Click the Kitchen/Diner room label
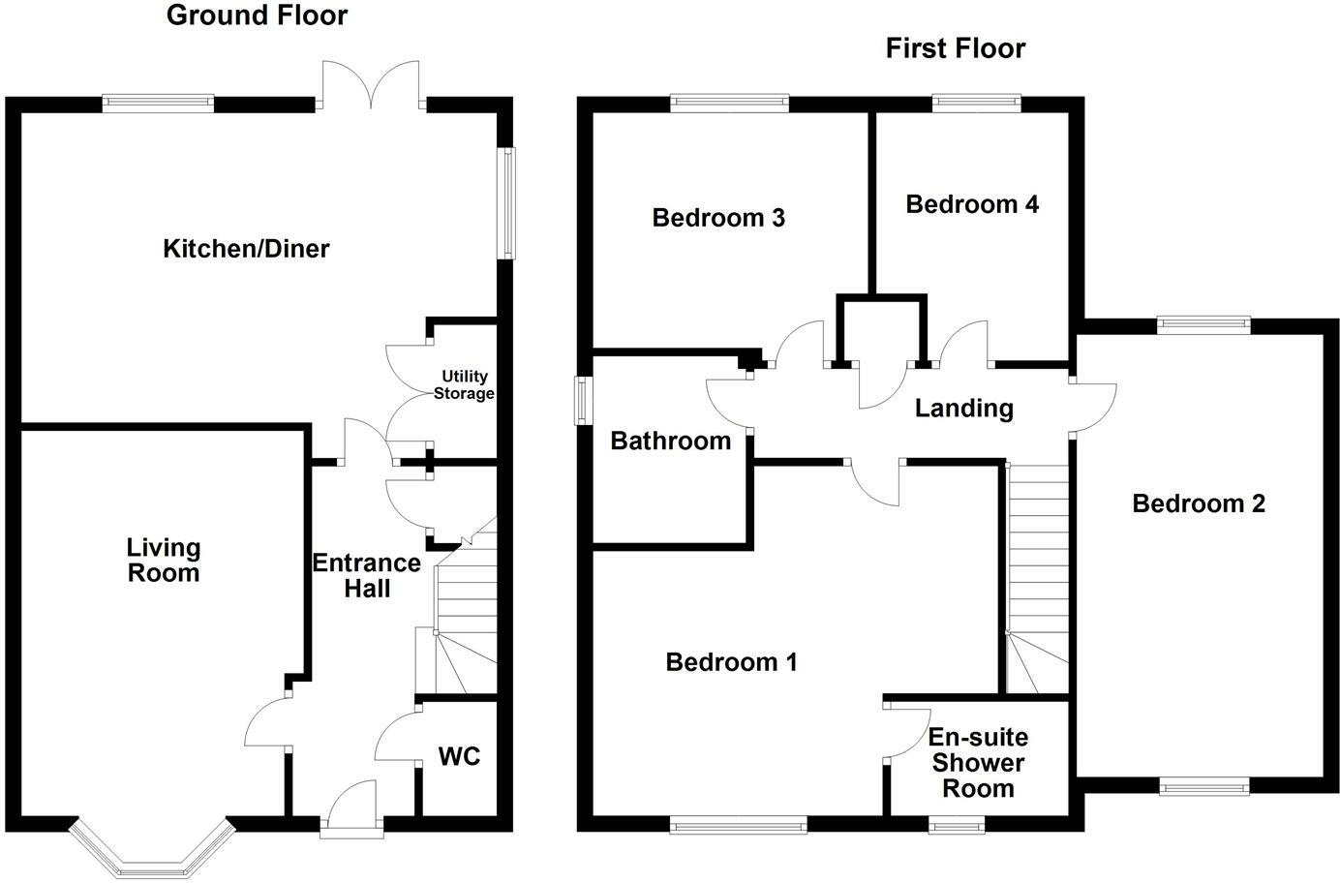point(246,249)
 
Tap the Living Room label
point(164,561)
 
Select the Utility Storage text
point(464,384)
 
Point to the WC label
point(459,756)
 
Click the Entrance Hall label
point(367,575)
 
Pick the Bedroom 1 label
point(731,662)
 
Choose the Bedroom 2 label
point(1199,503)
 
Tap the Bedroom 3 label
point(718,218)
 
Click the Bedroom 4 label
point(972,204)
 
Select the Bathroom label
point(670,441)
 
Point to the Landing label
point(963,409)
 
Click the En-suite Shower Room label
point(978,763)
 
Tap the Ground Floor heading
point(257,15)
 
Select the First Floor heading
point(955,48)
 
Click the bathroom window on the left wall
point(583,400)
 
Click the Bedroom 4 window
point(976,99)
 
